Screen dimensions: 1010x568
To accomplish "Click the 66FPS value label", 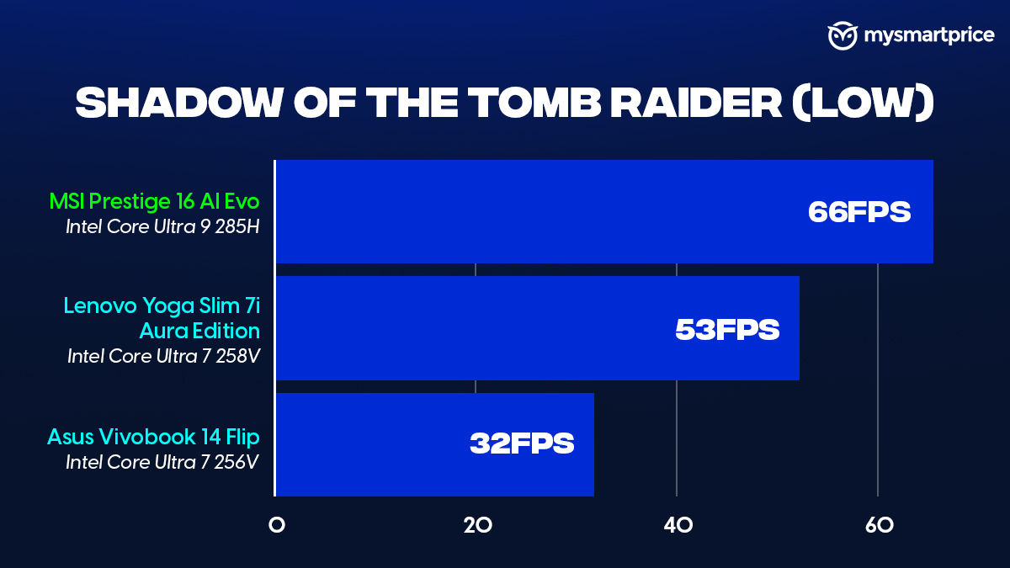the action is [859, 212].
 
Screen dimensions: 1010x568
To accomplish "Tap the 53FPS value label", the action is [727, 330].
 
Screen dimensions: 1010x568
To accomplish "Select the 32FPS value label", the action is [522, 443].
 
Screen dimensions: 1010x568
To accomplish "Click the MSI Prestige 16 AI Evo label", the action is [154, 201].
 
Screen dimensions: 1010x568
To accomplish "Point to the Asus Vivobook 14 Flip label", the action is [153, 437].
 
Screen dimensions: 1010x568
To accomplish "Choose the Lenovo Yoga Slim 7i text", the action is [162, 306].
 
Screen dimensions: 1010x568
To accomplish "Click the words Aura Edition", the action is [199, 331].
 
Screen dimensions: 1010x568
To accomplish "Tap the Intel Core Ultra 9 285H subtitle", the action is [162, 226].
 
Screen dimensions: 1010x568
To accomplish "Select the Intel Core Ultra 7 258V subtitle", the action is [163, 356].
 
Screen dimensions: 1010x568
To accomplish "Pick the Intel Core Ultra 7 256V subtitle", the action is [162, 462].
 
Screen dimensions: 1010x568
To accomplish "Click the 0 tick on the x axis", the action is [276, 525].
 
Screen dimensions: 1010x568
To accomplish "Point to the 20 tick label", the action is [477, 525].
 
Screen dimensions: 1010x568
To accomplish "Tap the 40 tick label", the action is [678, 525].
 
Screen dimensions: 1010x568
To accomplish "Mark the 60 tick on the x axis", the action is [879, 525].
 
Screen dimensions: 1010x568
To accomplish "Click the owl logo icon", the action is [843, 35].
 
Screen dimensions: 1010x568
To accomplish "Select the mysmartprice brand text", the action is [929, 35].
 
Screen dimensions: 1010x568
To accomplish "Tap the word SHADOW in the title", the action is [179, 103].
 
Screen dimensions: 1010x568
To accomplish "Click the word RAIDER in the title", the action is [696, 103].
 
